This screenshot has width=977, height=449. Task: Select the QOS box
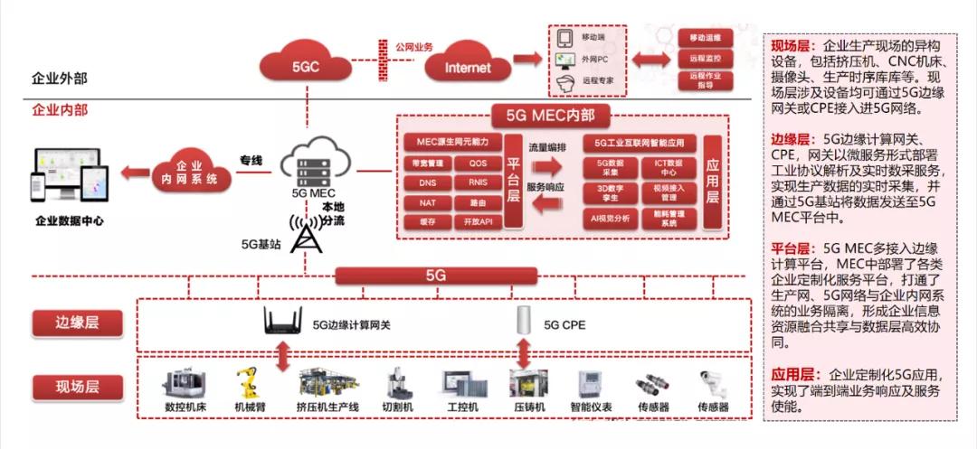coord(477,164)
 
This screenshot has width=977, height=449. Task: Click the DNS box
coord(427,182)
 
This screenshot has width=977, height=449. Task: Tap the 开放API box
coord(477,221)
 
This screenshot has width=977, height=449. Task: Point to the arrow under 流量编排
coord(548,166)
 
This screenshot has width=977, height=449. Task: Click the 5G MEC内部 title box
coord(550,116)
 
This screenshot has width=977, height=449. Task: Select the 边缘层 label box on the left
coord(76,323)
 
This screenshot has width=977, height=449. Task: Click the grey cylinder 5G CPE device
coord(523,322)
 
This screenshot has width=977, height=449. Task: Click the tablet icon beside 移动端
coord(565,38)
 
